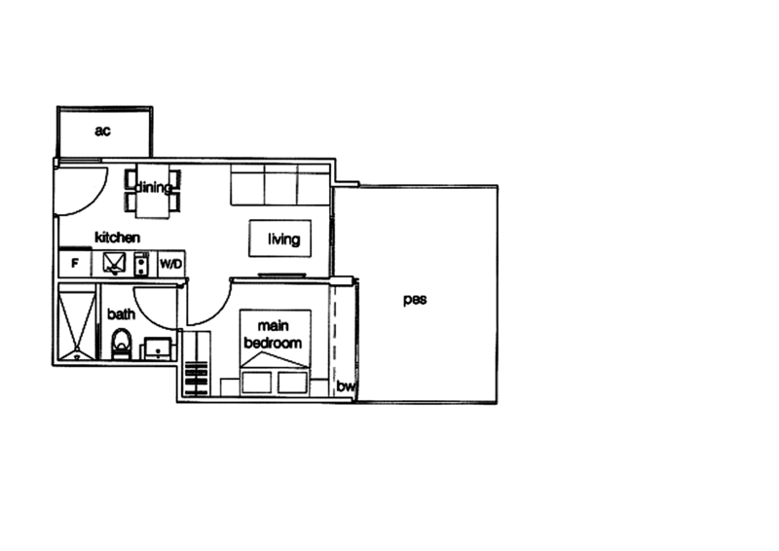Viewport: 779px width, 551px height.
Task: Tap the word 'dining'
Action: coord(153,187)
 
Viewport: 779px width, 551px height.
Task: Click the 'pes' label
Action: coord(417,300)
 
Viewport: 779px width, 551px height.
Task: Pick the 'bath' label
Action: coord(121,313)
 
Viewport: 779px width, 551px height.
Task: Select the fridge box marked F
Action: coord(75,263)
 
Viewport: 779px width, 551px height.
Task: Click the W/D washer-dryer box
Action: coord(171,263)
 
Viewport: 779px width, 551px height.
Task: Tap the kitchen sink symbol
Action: coord(113,263)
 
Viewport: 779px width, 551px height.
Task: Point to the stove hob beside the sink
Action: coord(142,263)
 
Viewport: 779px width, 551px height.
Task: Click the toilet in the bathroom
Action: coord(122,344)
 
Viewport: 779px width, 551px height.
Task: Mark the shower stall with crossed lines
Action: coord(76,321)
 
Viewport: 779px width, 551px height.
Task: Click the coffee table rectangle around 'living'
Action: coord(280,239)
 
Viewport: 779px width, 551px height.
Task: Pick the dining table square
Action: coord(152,202)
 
